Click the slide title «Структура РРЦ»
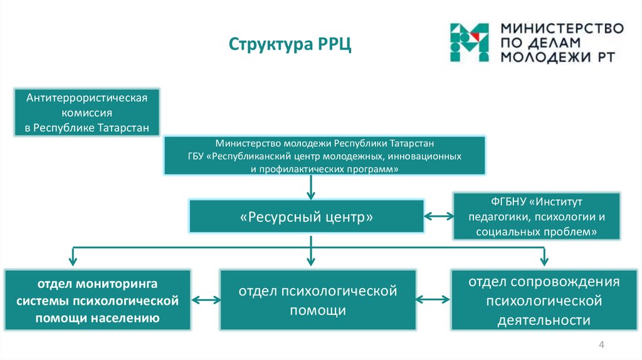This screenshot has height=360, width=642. (290, 45)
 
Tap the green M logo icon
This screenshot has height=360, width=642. (469, 43)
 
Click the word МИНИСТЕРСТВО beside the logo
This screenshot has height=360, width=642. (562, 29)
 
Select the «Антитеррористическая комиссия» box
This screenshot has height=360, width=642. (87, 112)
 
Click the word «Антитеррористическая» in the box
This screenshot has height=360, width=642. (87, 98)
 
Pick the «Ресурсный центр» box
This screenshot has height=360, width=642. (306, 216)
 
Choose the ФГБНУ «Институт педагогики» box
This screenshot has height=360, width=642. (537, 216)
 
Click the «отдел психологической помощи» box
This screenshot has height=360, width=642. (318, 300)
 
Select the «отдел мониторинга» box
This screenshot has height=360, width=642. (97, 300)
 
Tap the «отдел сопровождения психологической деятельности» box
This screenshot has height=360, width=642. (544, 300)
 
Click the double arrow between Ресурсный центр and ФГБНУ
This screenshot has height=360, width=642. (438, 216)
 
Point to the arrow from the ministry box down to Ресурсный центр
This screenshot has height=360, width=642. (311, 187)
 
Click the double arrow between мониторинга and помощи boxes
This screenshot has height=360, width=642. (206, 300)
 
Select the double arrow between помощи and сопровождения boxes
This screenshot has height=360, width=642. (433, 300)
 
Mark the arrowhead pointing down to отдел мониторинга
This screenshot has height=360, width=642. (73, 260)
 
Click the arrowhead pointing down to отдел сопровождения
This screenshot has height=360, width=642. (544, 260)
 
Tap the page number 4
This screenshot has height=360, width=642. (601, 344)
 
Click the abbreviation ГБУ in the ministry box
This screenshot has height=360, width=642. (196, 156)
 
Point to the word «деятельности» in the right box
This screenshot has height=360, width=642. (544, 320)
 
